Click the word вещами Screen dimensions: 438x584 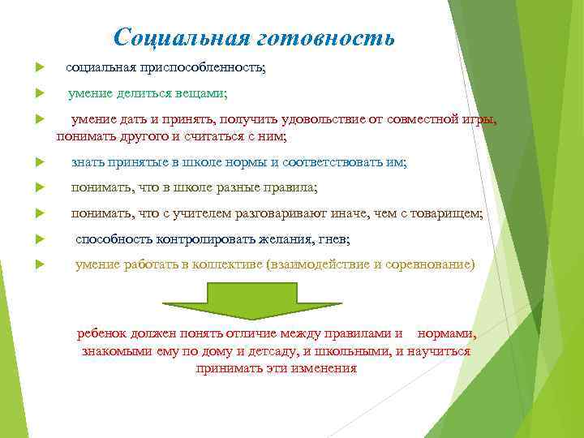click(204, 94)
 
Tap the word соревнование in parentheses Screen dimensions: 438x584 click(431, 265)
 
